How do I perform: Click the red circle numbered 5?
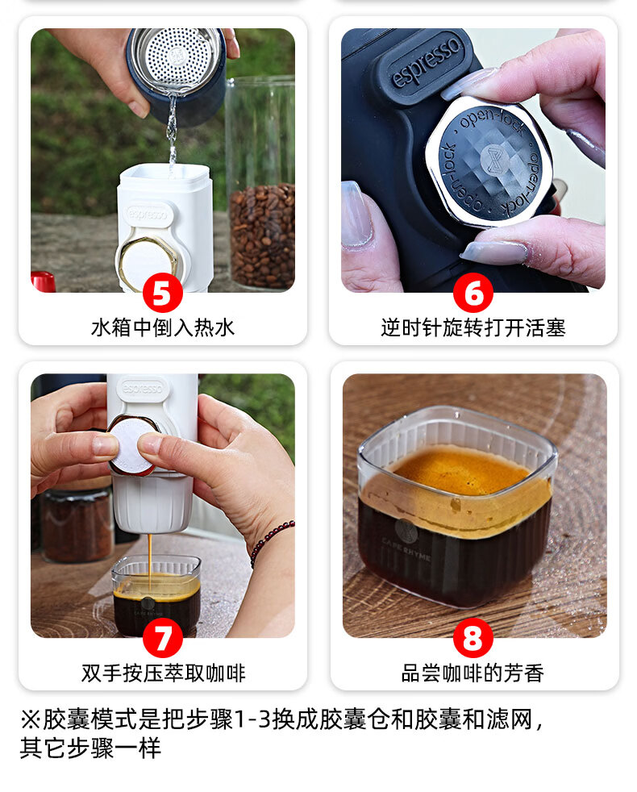[162, 293]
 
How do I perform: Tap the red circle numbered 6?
[473, 293]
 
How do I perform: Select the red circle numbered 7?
[162, 638]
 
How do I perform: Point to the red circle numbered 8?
[473, 638]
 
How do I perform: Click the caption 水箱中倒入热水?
[163, 327]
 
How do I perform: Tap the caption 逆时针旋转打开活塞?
[473, 327]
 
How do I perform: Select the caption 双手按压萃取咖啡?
[163, 673]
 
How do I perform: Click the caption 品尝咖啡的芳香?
[473, 673]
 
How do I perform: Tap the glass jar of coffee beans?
[260, 181]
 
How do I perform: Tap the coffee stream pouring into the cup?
[149, 558]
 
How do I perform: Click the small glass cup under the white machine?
[156, 595]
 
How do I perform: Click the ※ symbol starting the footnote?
[30, 719]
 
